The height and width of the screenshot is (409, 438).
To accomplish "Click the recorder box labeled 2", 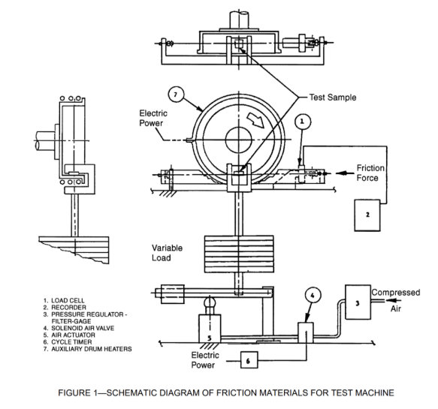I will pyautogui.click(x=368, y=215).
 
